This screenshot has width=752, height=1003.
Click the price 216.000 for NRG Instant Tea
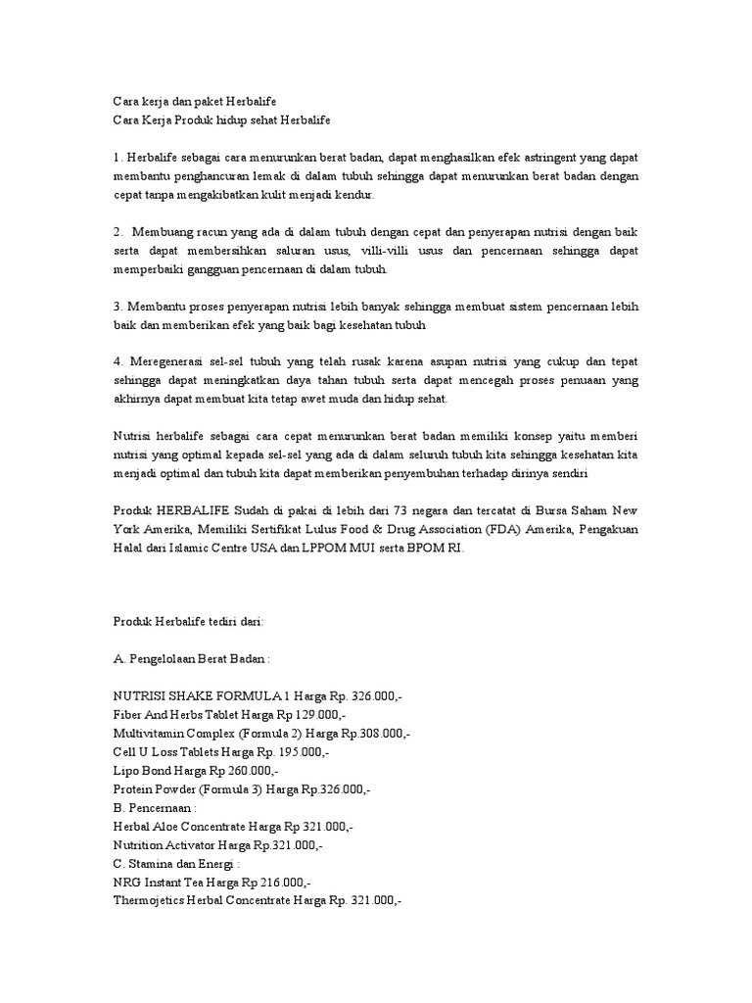pyautogui.click(x=301, y=882)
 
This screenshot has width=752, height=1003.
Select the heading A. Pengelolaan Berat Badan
pyautogui.click(x=190, y=659)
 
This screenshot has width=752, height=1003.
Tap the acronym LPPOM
pyautogui.click(x=309, y=549)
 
